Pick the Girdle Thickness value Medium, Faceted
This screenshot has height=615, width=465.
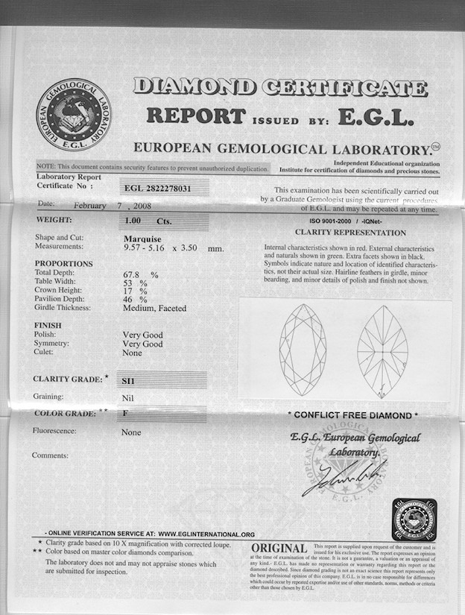pyautogui.click(x=154, y=308)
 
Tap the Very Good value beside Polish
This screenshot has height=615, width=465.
pyautogui.click(x=142, y=335)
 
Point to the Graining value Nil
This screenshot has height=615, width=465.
pyautogui.click(x=127, y=397)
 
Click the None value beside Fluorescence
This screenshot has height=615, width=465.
pyautogui.click(x=131, y=432)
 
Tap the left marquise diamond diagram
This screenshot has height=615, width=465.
pyautogui.click(x=302, y=344)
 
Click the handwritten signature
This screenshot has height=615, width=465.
pyautogui.click(x=344, y=477)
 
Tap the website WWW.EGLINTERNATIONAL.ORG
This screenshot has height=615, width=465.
pyautogui.click(x=206, y=534)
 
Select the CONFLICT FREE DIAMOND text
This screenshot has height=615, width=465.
pyautogui.click(x=352, y=415)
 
